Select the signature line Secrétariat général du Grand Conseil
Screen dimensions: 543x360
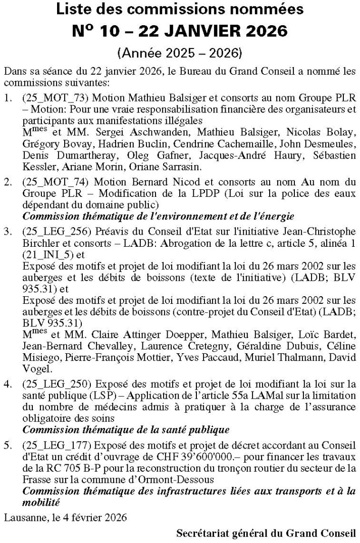coord(267,533)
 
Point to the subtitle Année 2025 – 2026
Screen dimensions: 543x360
coord(180,52)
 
